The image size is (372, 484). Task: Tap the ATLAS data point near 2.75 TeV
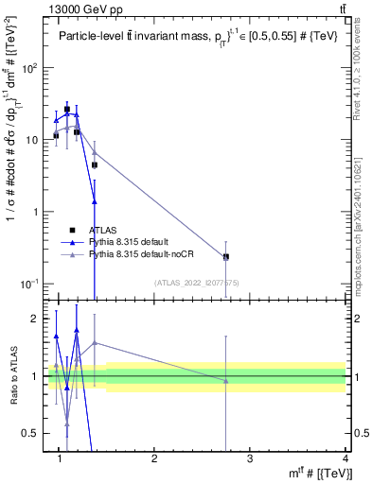226,257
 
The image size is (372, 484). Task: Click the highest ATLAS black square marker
67,110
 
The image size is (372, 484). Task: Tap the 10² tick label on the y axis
32,68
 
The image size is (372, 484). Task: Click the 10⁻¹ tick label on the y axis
32,283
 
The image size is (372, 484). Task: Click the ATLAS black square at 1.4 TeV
95,165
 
